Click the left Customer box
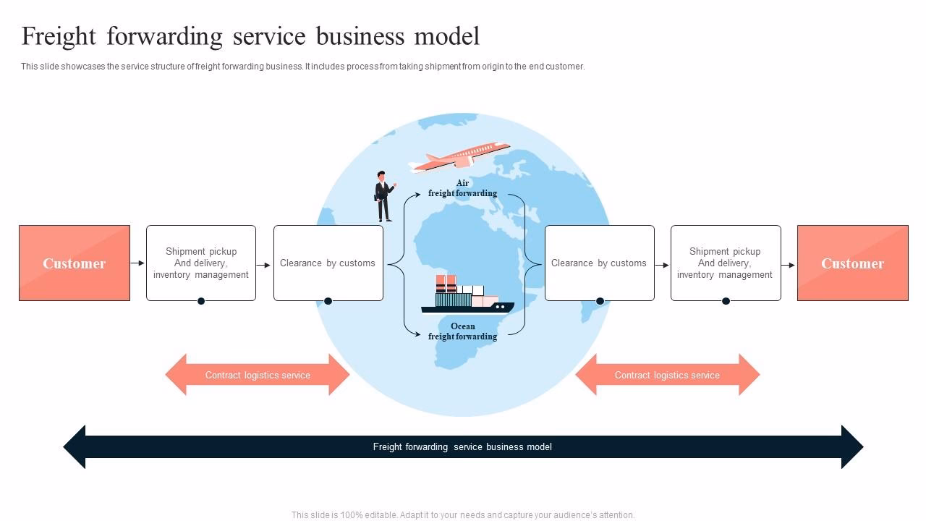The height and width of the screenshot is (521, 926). point(75,263)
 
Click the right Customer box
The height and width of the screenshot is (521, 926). point(852,263)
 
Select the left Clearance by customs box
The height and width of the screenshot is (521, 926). point(328,263)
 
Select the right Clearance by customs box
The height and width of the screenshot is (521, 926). point(599,263)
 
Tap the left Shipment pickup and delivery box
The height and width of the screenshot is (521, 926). point(201,263)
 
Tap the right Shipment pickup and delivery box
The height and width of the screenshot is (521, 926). point(725,263)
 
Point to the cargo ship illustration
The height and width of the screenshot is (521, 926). point(467,297)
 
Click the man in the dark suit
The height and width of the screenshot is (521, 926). point(383,196)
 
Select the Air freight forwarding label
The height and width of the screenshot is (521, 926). point(462,188)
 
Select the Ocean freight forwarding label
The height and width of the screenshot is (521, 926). point(462,331)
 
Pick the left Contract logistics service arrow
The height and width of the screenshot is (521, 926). point(258,375)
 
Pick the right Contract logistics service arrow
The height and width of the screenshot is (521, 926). point(667,375)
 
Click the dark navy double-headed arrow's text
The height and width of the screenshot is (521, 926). point(462,446)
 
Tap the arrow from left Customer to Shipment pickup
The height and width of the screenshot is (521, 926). point(137,263)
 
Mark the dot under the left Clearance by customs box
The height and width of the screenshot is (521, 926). point(328,301)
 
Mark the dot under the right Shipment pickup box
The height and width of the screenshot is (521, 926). point(726,301)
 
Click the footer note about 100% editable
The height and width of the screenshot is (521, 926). point(463,515)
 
